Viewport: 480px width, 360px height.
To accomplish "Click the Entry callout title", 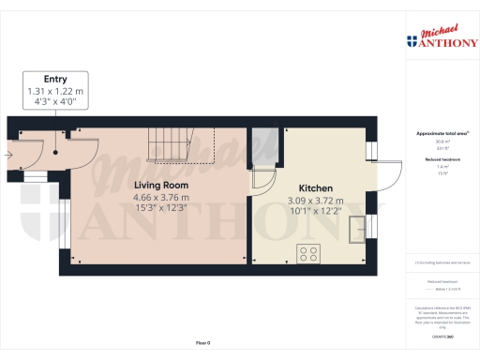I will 54,79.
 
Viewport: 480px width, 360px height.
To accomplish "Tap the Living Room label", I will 160,186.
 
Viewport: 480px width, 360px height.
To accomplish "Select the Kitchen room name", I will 315,187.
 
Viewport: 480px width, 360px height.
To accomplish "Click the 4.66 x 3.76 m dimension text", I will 160,198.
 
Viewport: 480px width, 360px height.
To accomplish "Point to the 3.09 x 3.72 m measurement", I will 315,201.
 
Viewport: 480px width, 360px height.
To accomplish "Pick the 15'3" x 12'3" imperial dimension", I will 160,209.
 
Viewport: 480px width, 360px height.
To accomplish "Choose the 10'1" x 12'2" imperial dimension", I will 315,212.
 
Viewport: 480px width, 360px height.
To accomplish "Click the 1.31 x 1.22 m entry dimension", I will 54,91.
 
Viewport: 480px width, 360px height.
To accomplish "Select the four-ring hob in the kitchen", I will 308,252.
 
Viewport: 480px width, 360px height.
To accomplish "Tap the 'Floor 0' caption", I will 202,343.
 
